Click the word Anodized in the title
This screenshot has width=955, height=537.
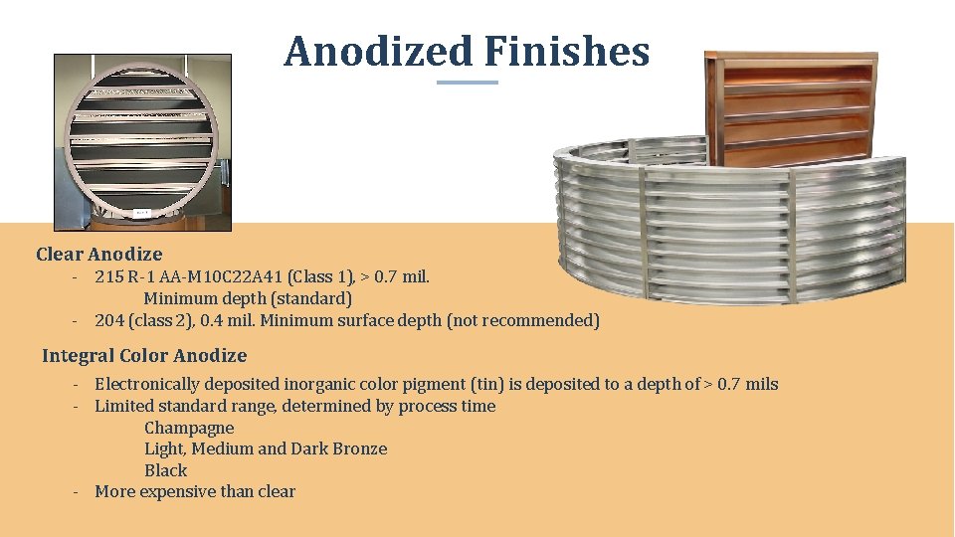pyautogui.click(x=378, y=52)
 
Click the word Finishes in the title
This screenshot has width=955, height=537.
pyautogui.click(x=567, y=52)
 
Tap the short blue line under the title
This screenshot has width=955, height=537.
pyautogui.click(x=468, y=83)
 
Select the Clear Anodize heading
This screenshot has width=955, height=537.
pyautogui.click(x=98, y=255)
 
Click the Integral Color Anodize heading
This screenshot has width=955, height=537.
pyautogui.click(x=144, y=356)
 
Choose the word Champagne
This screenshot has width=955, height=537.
pyautogui.click(x=189, y=428)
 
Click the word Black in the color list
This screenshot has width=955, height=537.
pyautogui.click(x=165, y=470)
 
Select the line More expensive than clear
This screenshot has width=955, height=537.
pyautogui.click(x=195, y=491)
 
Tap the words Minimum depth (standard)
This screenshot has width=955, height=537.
pyautogui.click(x=248, y=298)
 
